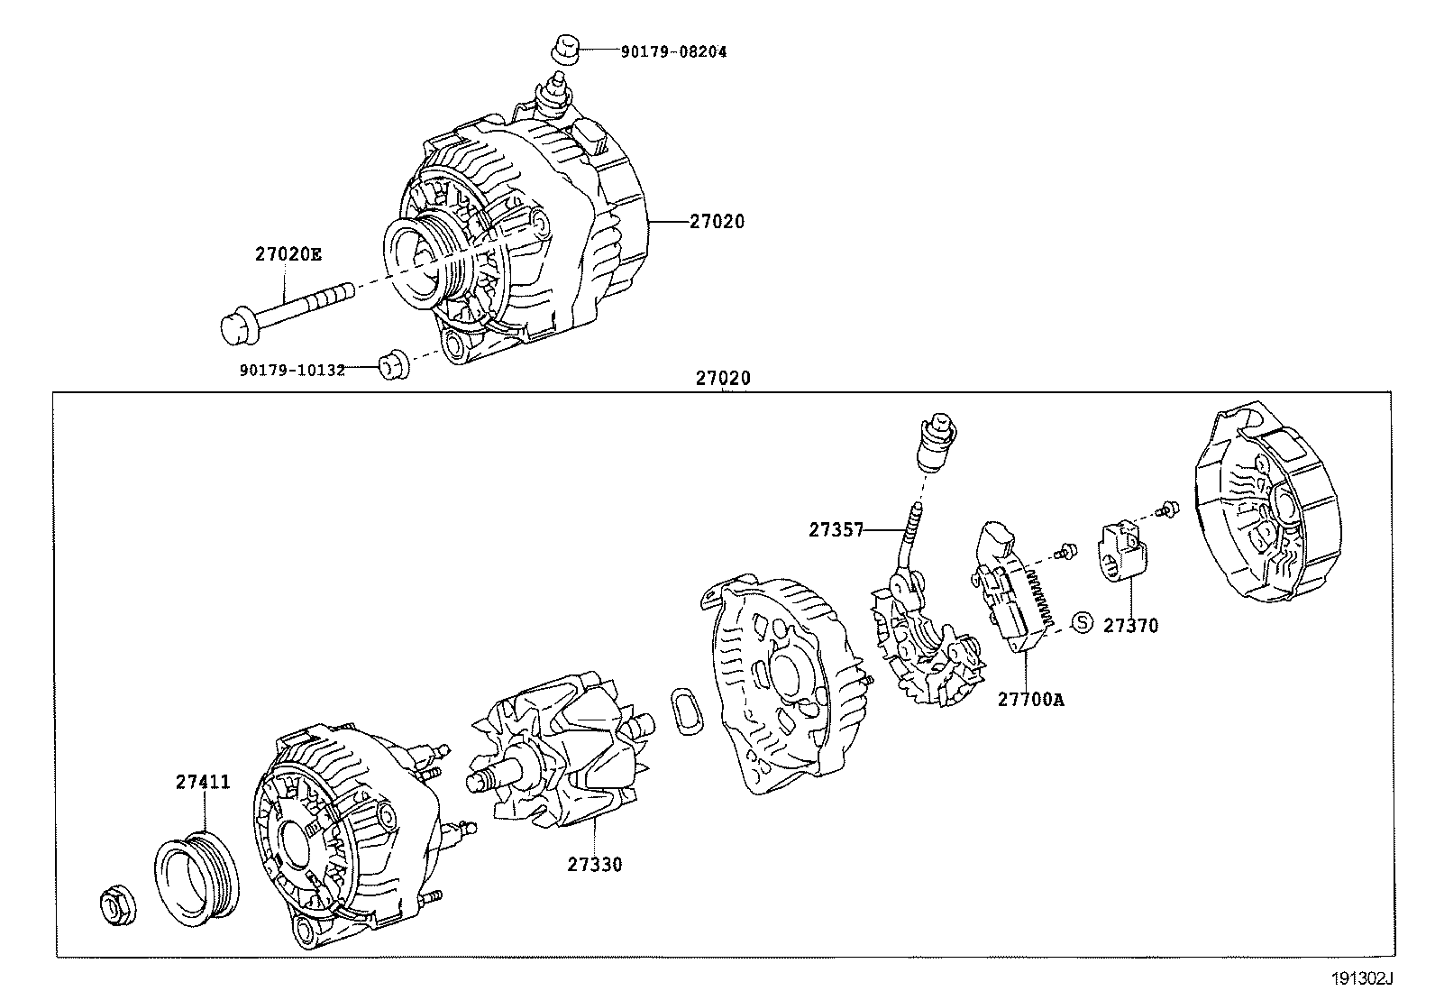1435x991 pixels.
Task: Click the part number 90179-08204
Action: (x=672, y=52)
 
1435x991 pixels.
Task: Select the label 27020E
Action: (x=287, y=254)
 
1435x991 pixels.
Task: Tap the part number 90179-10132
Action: (x=292, y=371)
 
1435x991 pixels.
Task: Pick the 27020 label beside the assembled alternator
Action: (x=717, y=222)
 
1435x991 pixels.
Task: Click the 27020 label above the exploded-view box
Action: (x=722, y=380)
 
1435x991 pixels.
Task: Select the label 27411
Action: (x=202, y=783)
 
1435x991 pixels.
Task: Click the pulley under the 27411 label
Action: (x=197, y=877)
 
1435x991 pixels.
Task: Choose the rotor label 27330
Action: (x=594, y=865)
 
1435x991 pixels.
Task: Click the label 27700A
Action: (x=1030, y=699)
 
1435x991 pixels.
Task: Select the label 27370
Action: (x=1130, y=625)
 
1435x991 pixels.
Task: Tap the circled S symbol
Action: (x=1082, y=622)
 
